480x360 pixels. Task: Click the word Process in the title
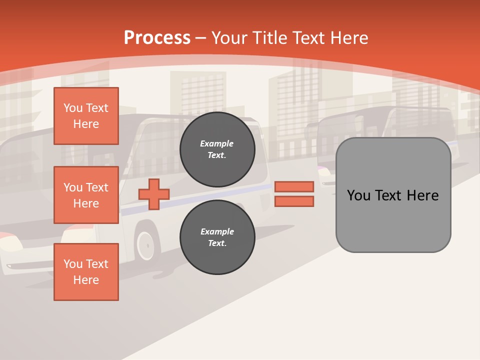[x=157, y=38]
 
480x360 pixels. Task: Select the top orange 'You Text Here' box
[x=86, y=116]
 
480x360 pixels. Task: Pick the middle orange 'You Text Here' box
[x=86, y=195]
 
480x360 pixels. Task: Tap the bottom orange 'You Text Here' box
[x=86, y=272]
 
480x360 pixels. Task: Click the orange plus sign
[x=154, y=194]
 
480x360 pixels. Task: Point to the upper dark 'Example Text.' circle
[x=217, y=149]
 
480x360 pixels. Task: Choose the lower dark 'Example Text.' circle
[x=217, y=237]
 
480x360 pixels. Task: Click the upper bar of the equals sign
[x=294, y=186]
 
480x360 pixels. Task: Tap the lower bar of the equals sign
[x=294, y=201]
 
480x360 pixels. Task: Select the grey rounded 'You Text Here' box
[x=393, y=195]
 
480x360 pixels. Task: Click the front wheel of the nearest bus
[x=145, y=245]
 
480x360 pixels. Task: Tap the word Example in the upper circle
[x=217, y=144]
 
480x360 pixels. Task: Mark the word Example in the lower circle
[x=217, y=232]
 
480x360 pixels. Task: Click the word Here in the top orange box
[x=86, y=124]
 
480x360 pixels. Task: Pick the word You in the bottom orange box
[x=73, y=264]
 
